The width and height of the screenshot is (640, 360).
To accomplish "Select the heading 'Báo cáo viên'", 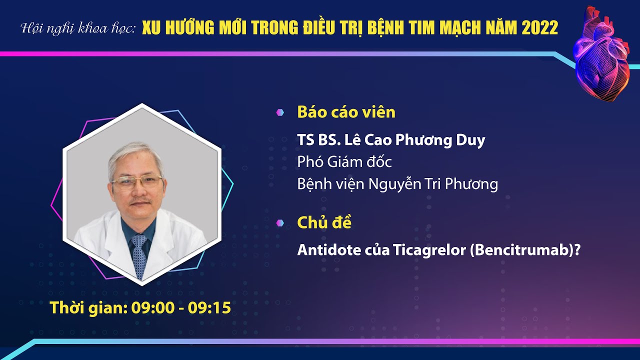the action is pyautogui.click(x=346, y=112).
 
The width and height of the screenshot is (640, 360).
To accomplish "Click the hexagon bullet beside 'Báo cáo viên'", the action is pyautogui.click(x=280, y=112).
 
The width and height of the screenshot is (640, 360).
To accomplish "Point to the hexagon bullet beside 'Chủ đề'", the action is pyautogui.click(x=280, y=223).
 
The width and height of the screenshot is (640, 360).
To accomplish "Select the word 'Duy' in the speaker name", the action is pyautogui.click(x=470, y=140).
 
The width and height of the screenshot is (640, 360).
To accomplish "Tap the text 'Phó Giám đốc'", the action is pyautogui.click(x=344, y=161).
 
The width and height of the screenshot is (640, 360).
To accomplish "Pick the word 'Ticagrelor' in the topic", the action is pyautogui.click(x=429, y=250).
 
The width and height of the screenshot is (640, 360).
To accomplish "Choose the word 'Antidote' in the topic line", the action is pyautogui.click(x=329, y=250).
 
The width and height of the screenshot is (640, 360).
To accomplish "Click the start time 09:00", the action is pyautogui.click(x=153, y=307).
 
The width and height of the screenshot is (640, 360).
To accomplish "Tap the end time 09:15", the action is pyautogui.click(x=209, y=307).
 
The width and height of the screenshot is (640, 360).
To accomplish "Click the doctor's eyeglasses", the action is pyautogui.click(x=137, y=181).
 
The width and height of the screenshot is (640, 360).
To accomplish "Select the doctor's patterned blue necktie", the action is pyautogui.click(x=139, y=255).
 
